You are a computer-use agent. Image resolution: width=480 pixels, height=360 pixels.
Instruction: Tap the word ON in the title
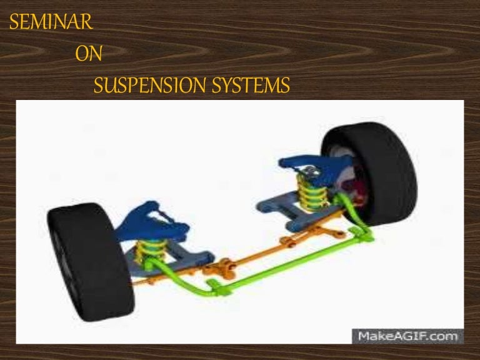tap(88, 54)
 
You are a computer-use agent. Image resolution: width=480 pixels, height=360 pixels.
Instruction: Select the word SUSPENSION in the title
tap(150, 85)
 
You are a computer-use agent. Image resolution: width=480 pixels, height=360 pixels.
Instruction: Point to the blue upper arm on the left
tap(154, 219)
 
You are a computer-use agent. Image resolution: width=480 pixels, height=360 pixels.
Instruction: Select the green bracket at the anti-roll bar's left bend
tap(216, 288)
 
